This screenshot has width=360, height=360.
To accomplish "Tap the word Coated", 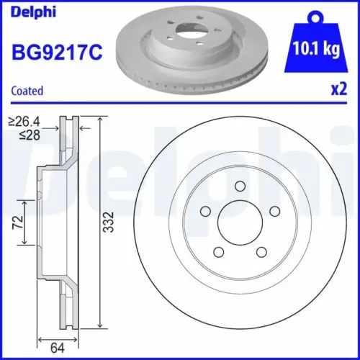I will (x=28, y=91).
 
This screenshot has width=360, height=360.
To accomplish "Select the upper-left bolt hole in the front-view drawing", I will (x=204, y=212).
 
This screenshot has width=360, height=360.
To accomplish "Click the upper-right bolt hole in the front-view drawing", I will (x=273, y=212).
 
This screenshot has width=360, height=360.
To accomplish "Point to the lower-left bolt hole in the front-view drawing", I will (x=217, y=253).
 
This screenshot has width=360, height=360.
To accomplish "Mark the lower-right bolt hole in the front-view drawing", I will (x=260, y=253).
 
